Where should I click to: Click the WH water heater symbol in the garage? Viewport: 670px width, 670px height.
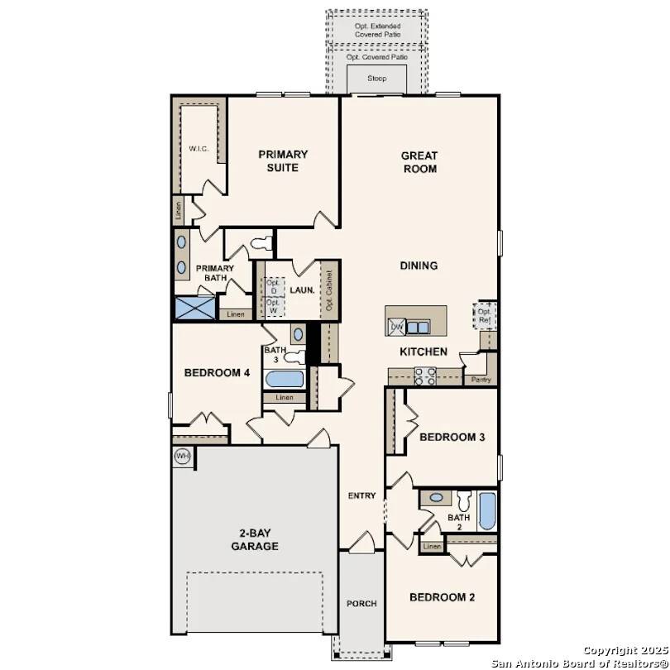(182, 456)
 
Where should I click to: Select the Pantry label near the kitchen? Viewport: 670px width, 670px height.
(481, 380)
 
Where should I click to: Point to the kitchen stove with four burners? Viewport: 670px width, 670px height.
(425, 377)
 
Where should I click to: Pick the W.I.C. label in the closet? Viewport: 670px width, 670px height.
(199, 149)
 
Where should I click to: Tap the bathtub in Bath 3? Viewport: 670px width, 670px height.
(284, 380)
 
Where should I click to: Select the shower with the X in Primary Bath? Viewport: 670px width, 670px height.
(194, 309)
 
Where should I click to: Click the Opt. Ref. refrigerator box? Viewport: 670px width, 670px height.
(485, 315)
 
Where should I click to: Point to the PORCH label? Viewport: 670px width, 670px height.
(361, 604)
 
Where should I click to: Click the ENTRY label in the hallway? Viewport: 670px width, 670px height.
(361, 496)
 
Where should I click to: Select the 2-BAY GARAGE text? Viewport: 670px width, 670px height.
(254, 540)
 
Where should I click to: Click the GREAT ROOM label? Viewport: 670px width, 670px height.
(419, 162)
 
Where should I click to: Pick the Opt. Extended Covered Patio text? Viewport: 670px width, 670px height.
(377, 31)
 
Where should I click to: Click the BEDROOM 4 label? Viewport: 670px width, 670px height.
(217, 373)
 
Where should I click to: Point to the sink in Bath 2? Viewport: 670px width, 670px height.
(436, 498)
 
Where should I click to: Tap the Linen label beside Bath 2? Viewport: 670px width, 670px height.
(432, 548)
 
